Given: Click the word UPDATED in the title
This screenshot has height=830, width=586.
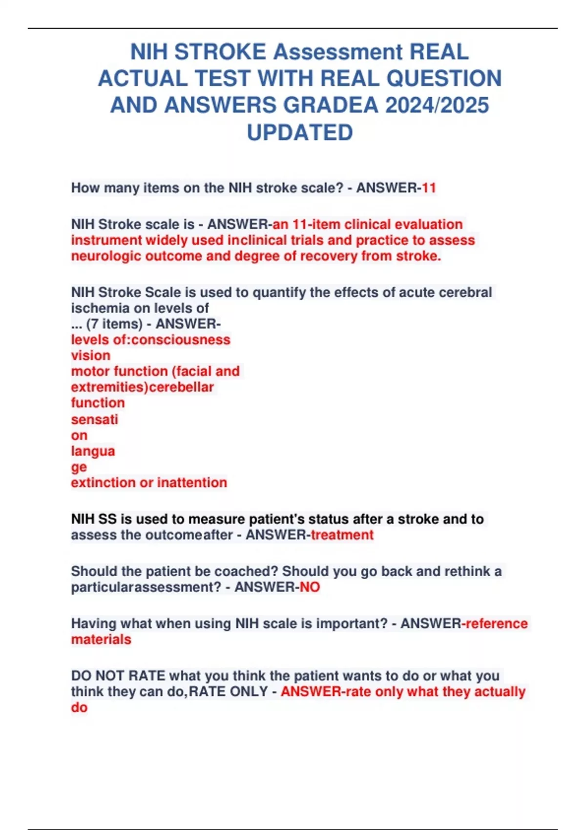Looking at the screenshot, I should pos(299,132).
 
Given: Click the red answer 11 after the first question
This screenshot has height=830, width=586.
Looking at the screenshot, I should pos(429,188).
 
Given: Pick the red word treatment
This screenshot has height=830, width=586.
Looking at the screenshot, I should pos(342,535).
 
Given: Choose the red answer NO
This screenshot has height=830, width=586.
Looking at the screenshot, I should pos(310,587).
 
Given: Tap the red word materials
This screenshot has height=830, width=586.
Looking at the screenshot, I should pos(101,640).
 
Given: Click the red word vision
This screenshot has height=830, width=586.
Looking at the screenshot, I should pos(91,355).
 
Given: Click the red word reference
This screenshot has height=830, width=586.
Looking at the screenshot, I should pos(497,623).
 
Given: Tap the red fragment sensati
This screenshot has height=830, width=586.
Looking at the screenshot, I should pos(95,419).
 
